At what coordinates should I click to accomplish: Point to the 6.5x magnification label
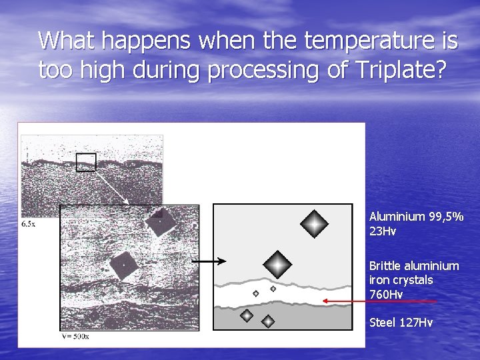point(29,225)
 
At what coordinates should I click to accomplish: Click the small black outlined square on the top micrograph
point(86,162)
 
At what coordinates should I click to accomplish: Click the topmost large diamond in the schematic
point(313,224)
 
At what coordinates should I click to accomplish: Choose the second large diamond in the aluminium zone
point(277,265)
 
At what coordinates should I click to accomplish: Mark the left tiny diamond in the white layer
point(255,293)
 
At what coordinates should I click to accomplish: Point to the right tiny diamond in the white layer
point(273,289)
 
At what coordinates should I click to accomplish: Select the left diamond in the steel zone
point(247,315)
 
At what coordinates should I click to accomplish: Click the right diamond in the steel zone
point(267,321)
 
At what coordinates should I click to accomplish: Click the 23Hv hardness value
point(383,231)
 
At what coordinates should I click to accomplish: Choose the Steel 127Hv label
point(401,323)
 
